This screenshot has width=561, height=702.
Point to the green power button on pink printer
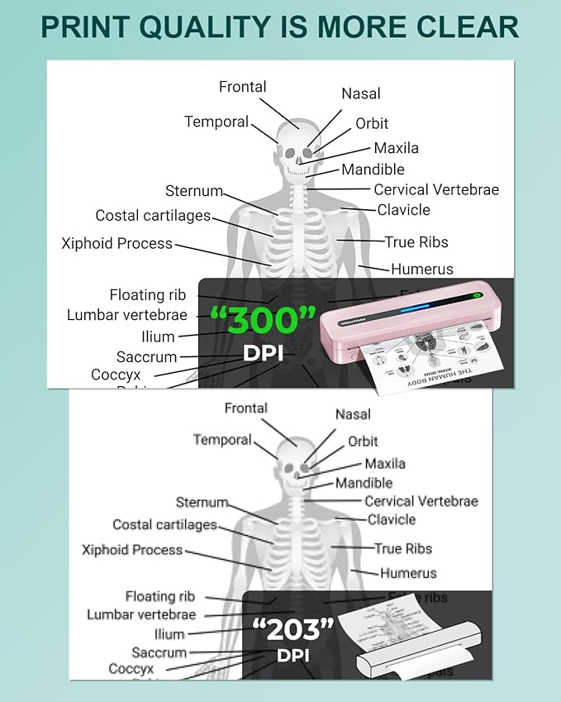478,296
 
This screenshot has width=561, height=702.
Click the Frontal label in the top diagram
242,87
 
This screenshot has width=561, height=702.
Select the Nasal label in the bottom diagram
353,413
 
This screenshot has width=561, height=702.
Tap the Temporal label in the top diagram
216,122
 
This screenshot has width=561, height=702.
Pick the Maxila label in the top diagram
396,148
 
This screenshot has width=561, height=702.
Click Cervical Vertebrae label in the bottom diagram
421,501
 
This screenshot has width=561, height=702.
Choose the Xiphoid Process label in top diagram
116,243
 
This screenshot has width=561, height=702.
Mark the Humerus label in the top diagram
421,269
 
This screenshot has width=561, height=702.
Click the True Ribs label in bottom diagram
402,548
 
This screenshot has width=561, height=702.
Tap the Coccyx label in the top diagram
116,375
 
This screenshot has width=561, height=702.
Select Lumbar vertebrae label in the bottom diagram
141,614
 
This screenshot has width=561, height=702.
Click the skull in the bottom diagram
294,466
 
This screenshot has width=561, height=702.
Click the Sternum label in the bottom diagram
202,502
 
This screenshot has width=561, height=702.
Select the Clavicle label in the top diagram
403,210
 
